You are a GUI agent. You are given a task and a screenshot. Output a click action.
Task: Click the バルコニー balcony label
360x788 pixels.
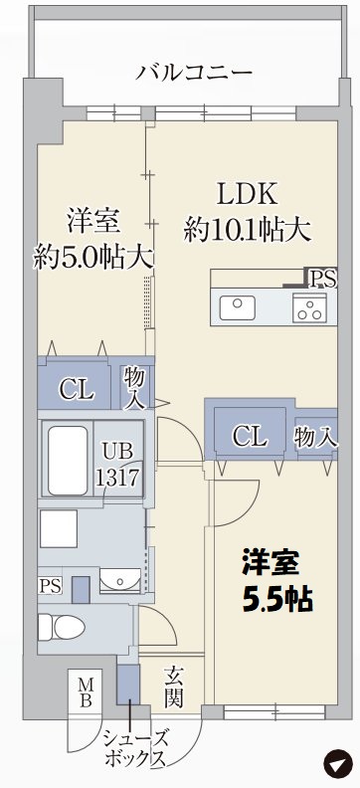[x=194, y=72]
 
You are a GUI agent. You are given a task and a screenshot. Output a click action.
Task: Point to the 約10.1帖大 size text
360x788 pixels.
[x=248, y=231]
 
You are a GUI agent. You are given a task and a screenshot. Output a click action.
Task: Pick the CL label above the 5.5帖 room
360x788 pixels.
[x=249, y=436]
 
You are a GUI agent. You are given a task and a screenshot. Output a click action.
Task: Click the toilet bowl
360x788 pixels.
[x=60, y=627]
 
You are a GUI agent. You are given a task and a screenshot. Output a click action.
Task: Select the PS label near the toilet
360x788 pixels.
[x=50, y=586]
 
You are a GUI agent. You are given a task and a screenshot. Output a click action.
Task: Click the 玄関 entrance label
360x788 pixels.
[x=174, y=688]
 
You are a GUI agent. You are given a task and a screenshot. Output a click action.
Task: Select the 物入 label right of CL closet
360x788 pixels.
[x=317, y=435]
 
